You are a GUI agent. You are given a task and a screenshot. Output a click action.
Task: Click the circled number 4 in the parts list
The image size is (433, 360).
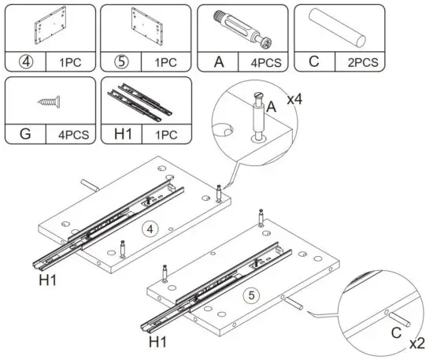(26, 61)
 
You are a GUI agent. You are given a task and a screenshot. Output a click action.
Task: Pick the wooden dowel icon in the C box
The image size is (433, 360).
(341, 28)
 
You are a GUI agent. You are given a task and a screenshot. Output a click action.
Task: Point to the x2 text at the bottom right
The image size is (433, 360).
(417, 343)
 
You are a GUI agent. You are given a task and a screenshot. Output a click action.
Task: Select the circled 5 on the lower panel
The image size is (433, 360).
(250, 296)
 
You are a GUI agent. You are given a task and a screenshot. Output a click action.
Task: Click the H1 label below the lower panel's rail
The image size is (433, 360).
(158, 343)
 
